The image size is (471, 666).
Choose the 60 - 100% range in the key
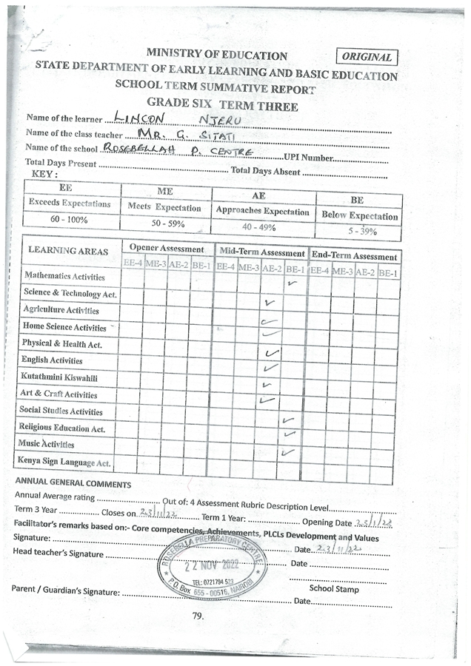69,220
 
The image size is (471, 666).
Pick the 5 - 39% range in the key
359,231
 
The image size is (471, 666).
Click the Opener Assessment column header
167,249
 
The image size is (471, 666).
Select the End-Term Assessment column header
354,255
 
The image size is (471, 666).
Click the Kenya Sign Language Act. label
67,462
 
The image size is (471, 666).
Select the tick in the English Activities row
271,352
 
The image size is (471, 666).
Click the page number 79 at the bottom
197,616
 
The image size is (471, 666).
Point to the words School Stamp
334,589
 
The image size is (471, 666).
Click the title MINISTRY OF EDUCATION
216,55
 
